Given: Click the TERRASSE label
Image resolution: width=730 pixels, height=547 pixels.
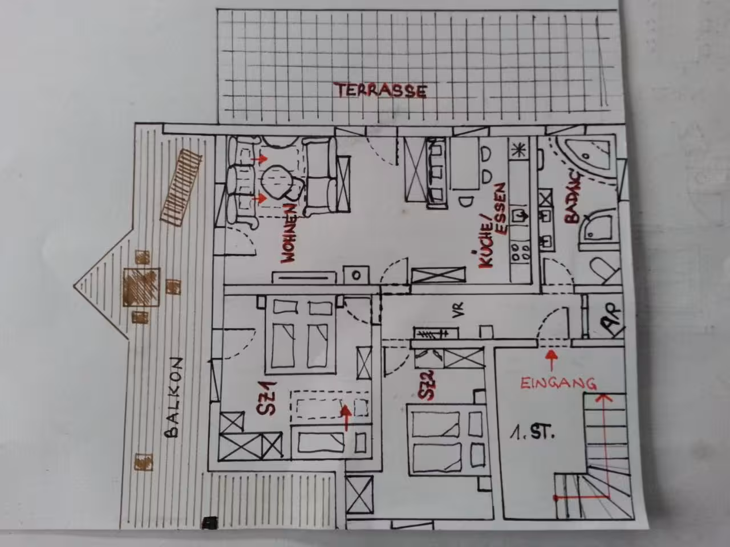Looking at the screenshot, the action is (382, 91).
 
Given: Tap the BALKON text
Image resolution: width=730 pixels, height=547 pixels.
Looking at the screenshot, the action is (174, 398).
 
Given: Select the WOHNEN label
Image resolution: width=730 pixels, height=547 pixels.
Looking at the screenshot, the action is (289, 234).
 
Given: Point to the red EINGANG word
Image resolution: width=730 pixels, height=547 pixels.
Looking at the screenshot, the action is (558, 383).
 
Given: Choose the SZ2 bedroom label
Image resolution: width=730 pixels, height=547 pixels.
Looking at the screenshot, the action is (427, 385).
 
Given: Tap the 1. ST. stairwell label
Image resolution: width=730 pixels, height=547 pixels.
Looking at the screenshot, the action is (532, 434).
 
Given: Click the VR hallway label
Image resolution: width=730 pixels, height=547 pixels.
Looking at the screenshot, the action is (459, 310).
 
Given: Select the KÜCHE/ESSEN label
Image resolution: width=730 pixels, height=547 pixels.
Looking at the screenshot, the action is (491, 226).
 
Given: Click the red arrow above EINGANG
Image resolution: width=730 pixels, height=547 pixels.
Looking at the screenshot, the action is (551, 360).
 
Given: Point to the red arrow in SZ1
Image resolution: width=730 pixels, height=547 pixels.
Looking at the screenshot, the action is (346, 418).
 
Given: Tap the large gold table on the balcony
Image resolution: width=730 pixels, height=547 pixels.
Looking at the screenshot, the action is (141, 287).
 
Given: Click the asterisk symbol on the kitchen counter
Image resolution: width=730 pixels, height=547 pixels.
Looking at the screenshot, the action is (517, 150).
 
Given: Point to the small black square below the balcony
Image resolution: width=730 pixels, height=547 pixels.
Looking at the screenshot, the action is (209, 522).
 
